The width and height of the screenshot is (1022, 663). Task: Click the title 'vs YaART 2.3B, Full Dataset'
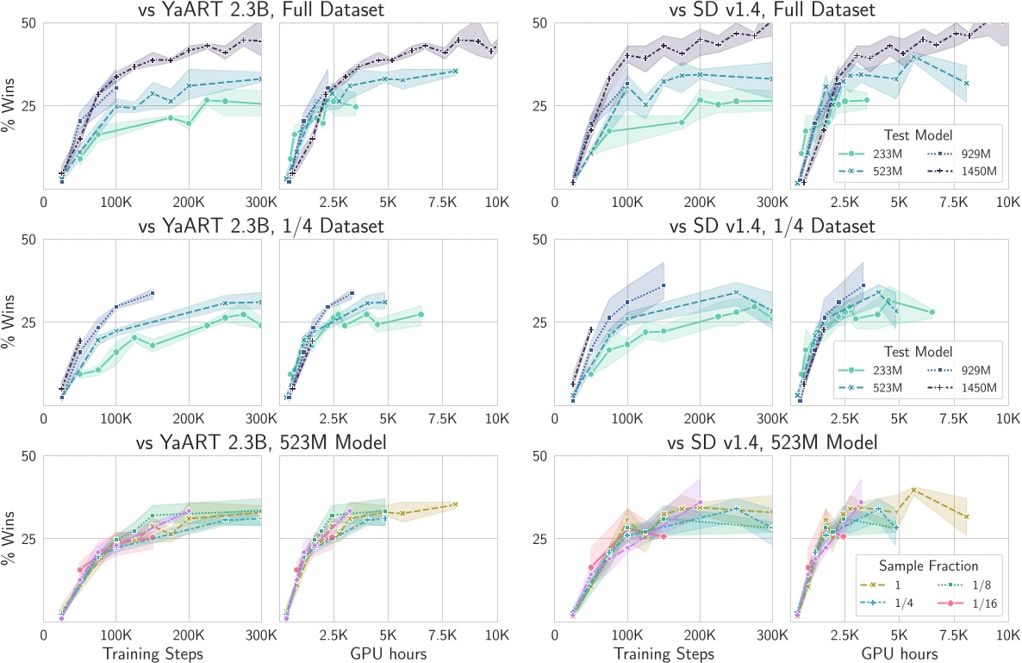point(270,10)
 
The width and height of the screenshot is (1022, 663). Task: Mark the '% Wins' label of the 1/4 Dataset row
point(13,322)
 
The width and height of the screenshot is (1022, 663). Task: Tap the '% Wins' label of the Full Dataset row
point(13,106)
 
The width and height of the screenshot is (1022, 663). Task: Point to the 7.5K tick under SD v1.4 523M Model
point(953,635)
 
